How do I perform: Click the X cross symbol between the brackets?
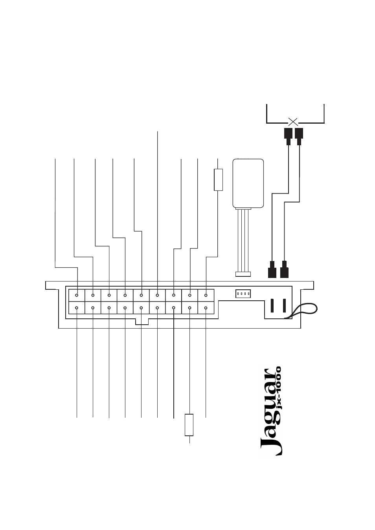point(293,122)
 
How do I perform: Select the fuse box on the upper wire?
point(218,179)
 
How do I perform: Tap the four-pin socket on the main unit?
point(243,294)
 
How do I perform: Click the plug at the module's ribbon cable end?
point(243,274)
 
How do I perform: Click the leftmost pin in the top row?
point(77,295)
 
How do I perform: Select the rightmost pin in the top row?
point(206,295)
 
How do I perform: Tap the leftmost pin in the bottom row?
point(77,308)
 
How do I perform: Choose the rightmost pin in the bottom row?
point(206,308)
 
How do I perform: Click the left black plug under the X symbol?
point(288,137)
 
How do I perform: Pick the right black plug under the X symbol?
point(299,137)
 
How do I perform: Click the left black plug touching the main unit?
point(272,269)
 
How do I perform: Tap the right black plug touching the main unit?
point(284,269)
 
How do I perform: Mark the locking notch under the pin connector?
point(142,322)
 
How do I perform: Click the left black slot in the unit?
point(272,305)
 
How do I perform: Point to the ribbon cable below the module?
point(243,240)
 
